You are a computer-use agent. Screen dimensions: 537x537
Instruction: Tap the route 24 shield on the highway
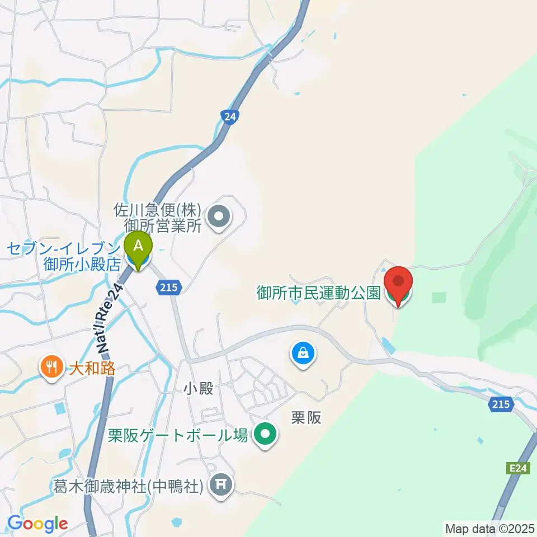(x=229, y=117)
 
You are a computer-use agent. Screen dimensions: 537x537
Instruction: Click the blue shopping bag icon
(x=303, y=354)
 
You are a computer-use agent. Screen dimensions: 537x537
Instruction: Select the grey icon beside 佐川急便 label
(x=218, y=217)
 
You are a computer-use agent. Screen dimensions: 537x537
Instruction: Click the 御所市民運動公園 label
(x=319, y=293)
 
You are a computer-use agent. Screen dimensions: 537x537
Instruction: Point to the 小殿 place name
(x=199, y=388)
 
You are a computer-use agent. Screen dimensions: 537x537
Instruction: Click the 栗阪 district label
(x=307, y=418)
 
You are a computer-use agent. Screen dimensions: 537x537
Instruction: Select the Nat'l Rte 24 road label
(x=109, y=318)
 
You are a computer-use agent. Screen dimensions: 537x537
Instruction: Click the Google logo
(x=37, y=524)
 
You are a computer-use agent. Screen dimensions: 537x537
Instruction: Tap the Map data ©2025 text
(x=490, y=527)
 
